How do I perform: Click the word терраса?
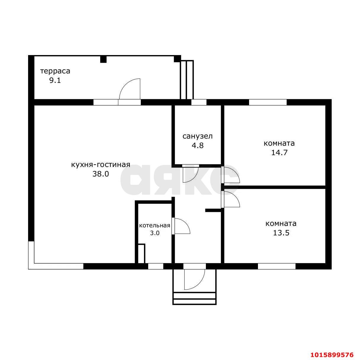[x=55, y=71]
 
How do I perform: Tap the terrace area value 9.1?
[x=55, y=81]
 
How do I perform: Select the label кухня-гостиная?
[x=101, y=165]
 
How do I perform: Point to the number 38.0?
[x=101, y=174]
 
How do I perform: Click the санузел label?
[x=198, y=136]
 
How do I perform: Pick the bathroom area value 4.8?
[x=198, y=145]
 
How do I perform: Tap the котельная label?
[x=155, y=226]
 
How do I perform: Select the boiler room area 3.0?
[x=155, y=233]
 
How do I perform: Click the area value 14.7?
[x=279, y=153]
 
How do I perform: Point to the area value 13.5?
[x=281, y=233]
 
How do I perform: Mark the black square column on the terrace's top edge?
[x=103, y=59]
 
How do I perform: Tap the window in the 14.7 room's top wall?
[x=267, y=102]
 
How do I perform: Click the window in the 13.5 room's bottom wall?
[x=277, y=266]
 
